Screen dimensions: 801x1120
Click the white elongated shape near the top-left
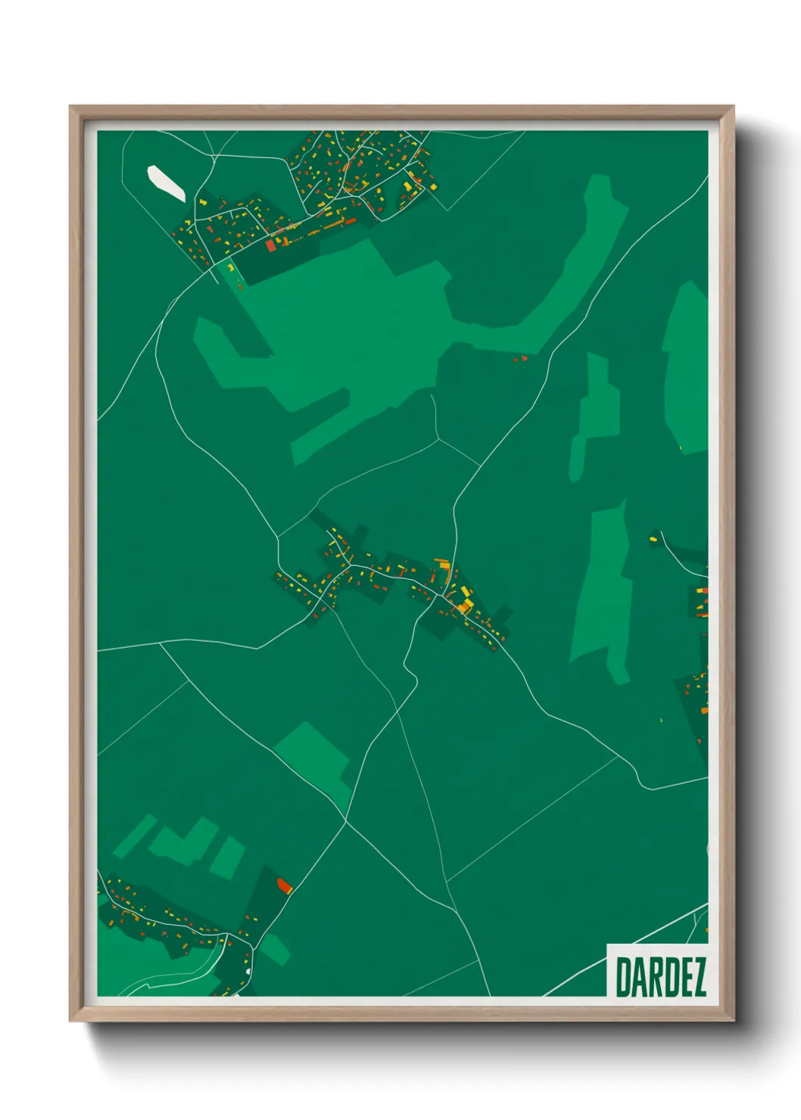point(166,182)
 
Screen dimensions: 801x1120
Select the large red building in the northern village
point(271,245)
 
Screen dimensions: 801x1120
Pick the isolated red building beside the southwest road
point(285,885)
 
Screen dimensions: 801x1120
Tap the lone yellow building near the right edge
point(653,539)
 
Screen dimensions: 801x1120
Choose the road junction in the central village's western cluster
point(349,563)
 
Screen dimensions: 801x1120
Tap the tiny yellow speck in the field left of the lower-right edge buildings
point(662,719)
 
